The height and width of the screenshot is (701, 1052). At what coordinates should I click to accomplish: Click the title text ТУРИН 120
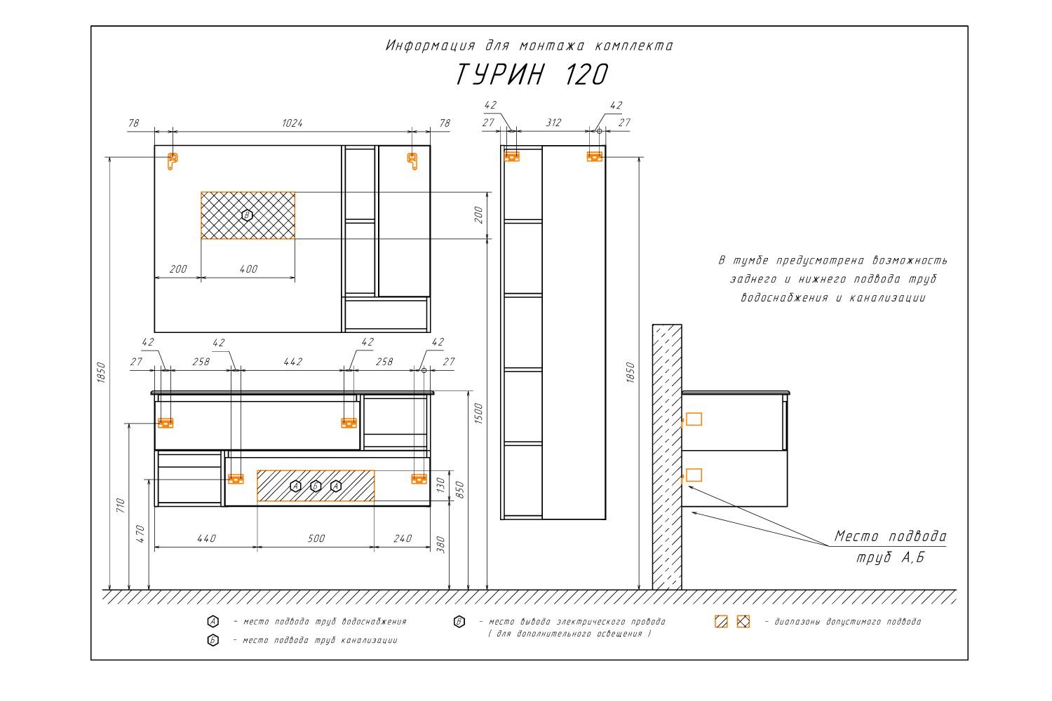coord(532,74)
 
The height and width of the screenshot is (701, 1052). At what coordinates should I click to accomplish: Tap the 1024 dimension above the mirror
coord(292,123)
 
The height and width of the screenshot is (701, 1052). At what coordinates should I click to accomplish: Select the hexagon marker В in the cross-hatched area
coord(247,215)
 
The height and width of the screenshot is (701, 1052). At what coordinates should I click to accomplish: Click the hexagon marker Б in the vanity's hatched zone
coord(316,486)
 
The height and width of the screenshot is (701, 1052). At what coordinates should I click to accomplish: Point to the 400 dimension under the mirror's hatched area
coord(248,269)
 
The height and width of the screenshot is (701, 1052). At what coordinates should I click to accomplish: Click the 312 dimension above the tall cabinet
coord(553,123)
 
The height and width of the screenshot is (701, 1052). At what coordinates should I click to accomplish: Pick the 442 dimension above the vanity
coord(293,362)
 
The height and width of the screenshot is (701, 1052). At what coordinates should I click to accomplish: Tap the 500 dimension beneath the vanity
coord(316,538)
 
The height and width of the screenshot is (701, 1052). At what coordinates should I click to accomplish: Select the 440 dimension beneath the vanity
coord(207,538)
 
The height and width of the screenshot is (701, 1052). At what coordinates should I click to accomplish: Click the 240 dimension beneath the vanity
coord(403,538)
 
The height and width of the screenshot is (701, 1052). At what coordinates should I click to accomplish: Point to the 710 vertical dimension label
coord(120,505)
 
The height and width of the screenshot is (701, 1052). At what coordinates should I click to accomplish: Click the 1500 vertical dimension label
coord(478,414)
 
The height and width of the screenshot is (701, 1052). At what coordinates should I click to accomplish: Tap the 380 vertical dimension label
coord(440,545)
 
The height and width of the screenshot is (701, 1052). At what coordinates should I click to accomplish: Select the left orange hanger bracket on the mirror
coord(173,161)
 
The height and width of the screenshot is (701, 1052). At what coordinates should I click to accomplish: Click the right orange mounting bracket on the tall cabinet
coord(595,156)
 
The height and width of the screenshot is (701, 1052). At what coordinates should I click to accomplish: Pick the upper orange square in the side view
coord(694,418)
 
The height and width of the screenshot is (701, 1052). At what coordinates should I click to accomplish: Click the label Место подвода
coord(890,536)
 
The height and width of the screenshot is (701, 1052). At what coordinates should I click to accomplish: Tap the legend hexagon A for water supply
coord(213,621)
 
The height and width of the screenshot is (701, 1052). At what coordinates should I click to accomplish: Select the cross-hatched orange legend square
coord(743,621)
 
